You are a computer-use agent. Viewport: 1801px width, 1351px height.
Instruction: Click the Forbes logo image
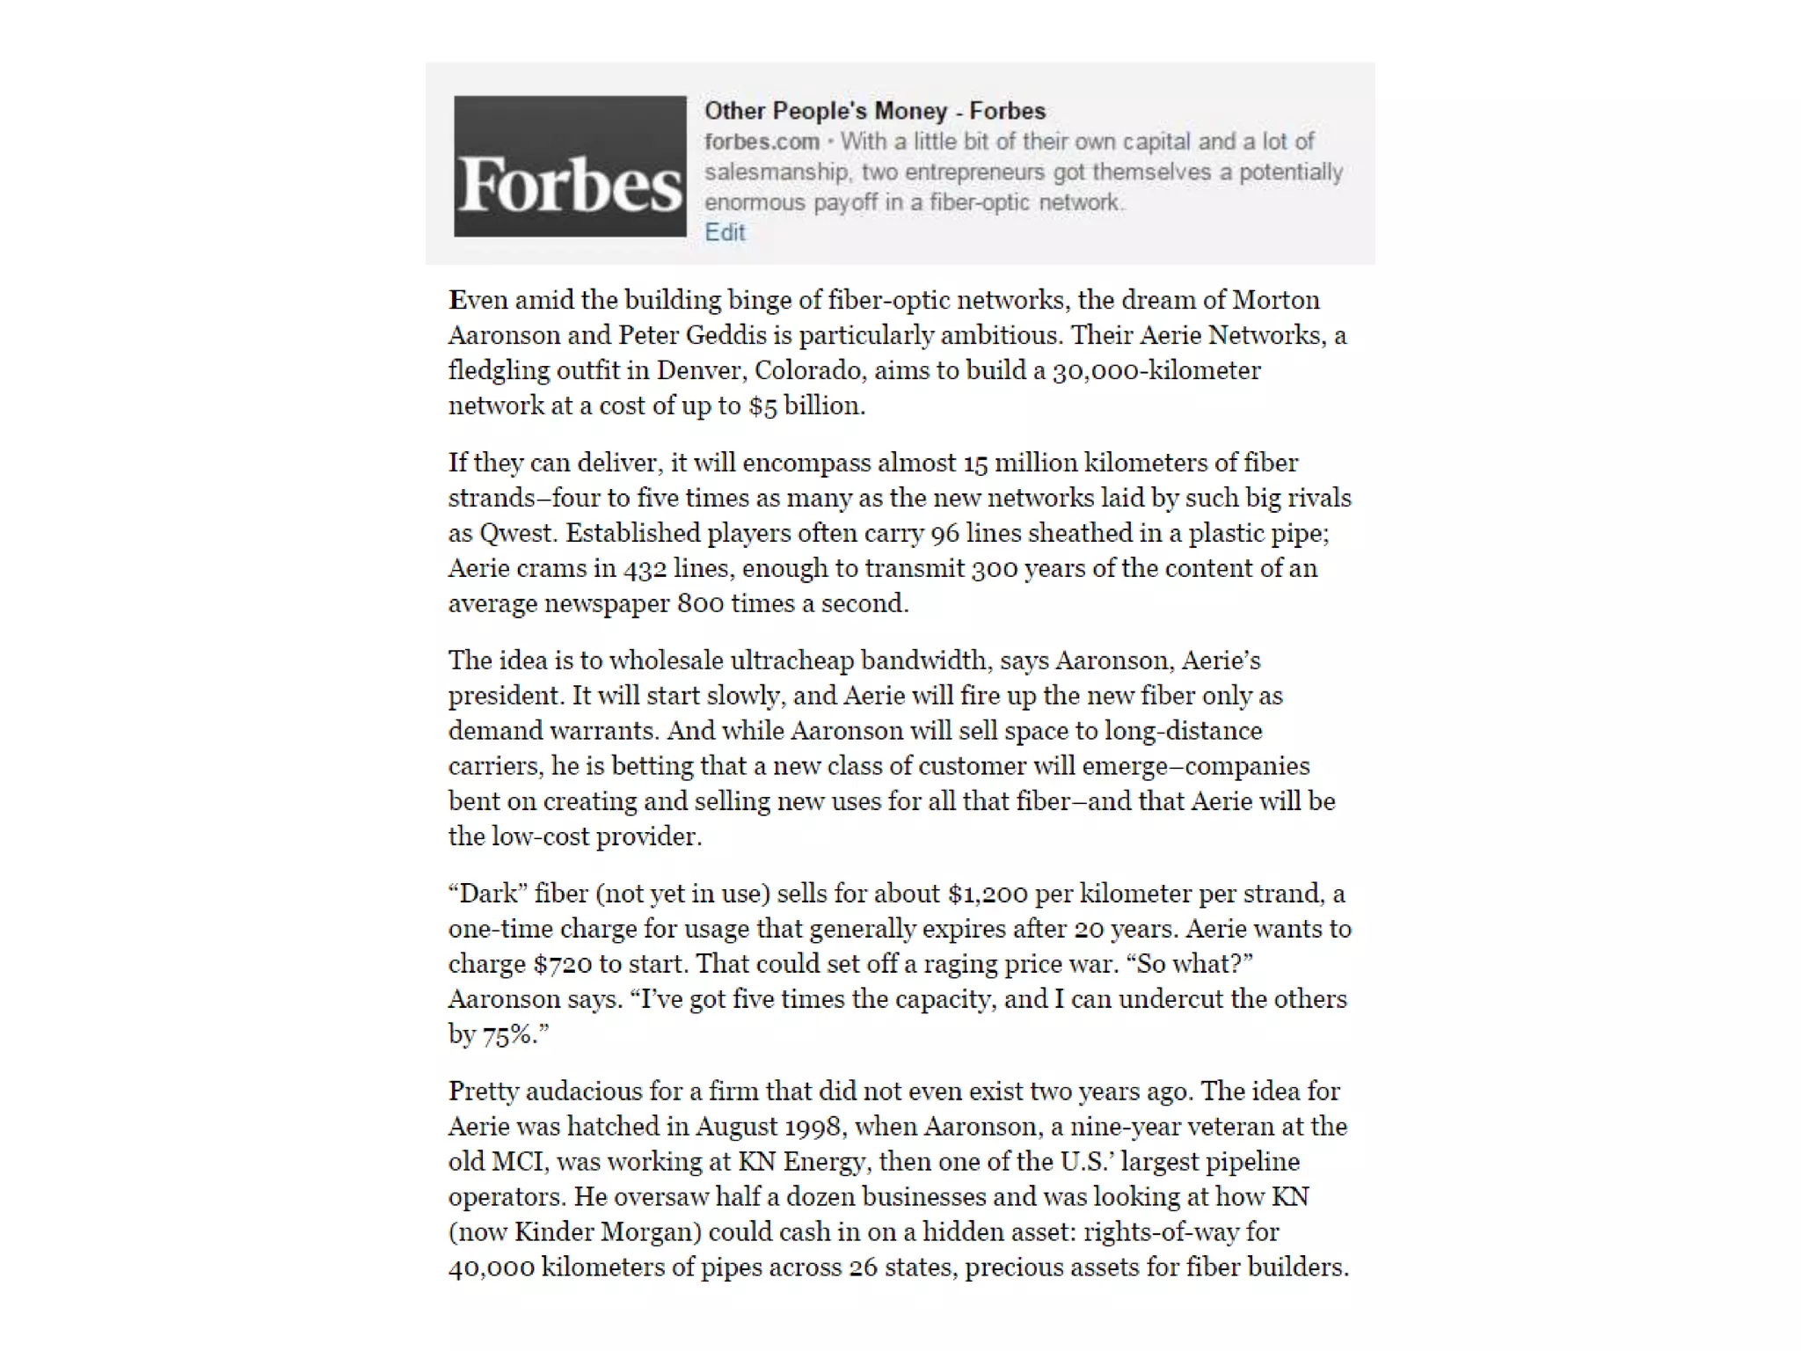tap(570, 166)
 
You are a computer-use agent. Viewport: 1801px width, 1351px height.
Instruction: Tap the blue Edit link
tap(725, 232)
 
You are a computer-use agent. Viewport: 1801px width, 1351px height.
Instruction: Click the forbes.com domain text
tap(762, 142)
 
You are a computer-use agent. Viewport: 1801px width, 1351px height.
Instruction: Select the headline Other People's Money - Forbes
tap(875, 111)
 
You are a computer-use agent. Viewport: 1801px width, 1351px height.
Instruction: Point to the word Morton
tap(1276, 300)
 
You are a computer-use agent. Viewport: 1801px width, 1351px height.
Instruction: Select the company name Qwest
tap(518, 533)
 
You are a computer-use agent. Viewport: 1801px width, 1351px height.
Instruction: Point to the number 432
tap(645, 568)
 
